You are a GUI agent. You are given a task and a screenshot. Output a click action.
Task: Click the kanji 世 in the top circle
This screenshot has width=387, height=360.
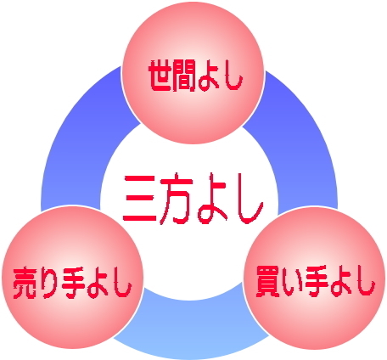coord(160,76)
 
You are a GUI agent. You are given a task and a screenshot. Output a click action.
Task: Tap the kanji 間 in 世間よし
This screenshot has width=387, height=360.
coord(184,76)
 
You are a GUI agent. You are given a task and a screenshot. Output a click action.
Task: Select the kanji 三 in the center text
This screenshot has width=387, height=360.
coord(140,198)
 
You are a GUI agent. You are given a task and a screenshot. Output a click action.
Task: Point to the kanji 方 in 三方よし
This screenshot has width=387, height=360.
coord(176,199)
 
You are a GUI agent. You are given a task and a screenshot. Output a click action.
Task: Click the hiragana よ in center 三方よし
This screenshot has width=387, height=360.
coord(212,198)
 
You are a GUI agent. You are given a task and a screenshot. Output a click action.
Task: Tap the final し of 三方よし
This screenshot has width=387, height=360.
coord(249,200)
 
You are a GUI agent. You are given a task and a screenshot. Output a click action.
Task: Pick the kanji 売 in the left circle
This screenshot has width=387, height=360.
coord(25,283)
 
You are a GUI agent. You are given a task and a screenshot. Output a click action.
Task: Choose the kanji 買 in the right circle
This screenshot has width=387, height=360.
coord(267,282)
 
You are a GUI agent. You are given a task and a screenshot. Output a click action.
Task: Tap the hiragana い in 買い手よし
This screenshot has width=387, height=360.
coord(291,283)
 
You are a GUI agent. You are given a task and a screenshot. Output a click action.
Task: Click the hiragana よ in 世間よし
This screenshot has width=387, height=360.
coord(209,76)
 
